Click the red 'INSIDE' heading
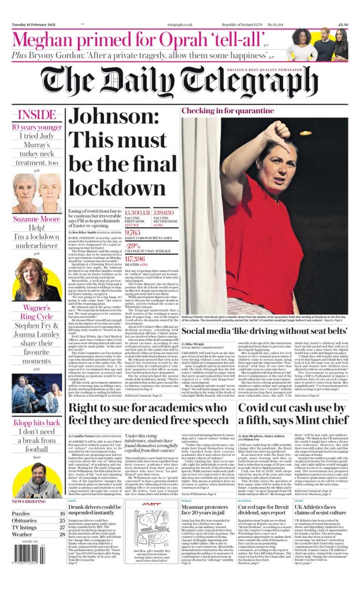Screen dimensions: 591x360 [36, 114]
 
